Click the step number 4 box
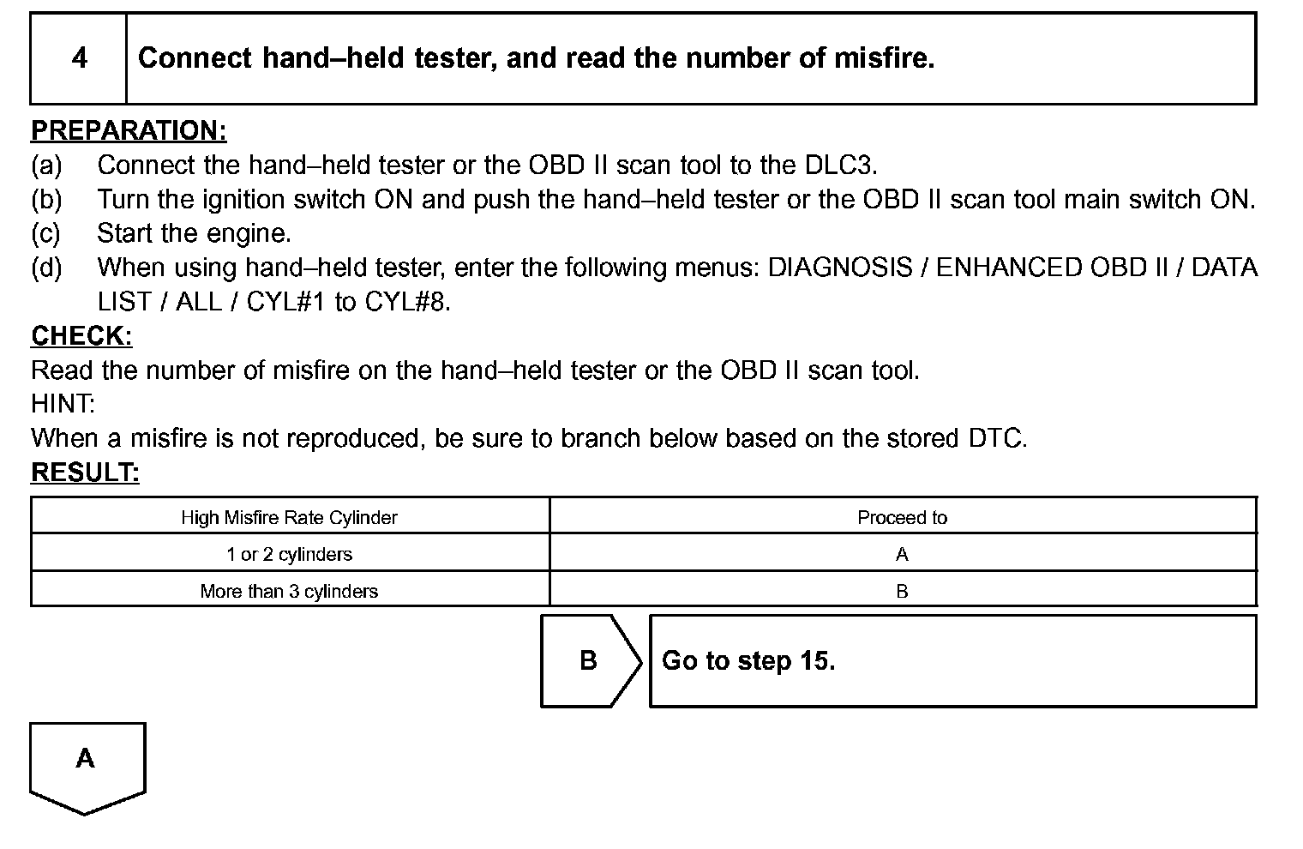coord(79,58)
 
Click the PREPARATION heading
coord(129,130)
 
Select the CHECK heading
coord(81,336)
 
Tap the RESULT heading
coord(85,473)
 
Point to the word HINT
coord(63,404)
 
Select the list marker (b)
coord(46,199)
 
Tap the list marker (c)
coord(45,233)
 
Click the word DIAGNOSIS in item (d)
coord(840,268)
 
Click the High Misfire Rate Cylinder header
coord(289,518)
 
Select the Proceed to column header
coord(902,518)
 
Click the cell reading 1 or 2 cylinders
coord(289,555)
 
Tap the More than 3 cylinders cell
coord(289,592)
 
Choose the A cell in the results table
coord(902,555)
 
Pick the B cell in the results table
coord(902,592)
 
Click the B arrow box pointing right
coord(588,660)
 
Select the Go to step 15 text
coord(748,660)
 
